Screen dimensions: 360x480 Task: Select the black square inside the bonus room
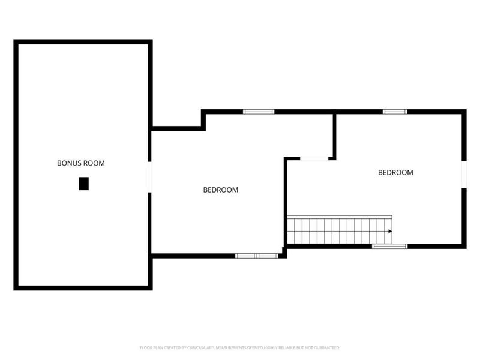[83, 184]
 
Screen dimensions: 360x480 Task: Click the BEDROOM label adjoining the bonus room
[220, 190]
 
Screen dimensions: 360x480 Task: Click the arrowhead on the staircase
[390, 231]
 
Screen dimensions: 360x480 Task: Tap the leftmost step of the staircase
[291, 231]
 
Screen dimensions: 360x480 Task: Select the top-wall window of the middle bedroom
[259, 112]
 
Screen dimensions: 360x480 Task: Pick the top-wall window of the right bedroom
[395, 112]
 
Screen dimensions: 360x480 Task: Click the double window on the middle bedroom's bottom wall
[256, 256]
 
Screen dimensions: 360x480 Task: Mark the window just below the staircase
[389, 246]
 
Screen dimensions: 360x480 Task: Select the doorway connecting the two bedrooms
[314, 158]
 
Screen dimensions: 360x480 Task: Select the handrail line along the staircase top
[340, 215]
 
